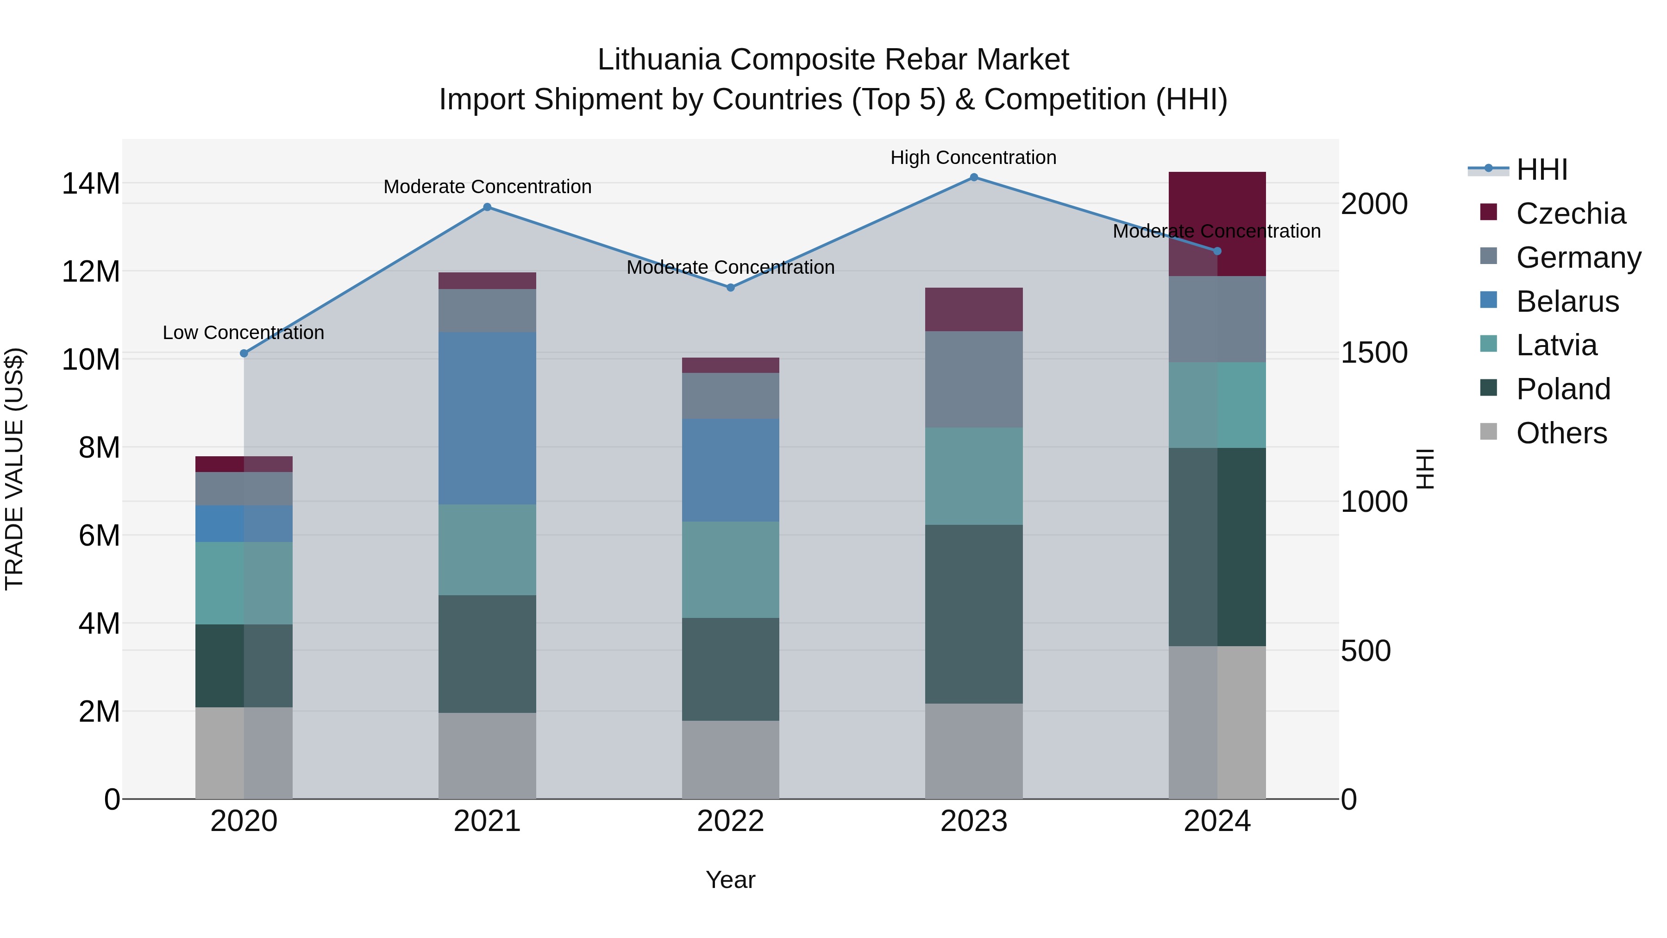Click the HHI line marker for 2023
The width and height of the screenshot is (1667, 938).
pyautogui.click(x=974, y=177)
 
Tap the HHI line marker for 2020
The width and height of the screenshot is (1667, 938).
pyautogui.click(x=244, y=353)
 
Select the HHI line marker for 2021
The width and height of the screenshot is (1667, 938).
pyautogui.click(x=487, y=207)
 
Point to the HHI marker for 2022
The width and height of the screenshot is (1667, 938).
pyautogui.click(x=731, y=287)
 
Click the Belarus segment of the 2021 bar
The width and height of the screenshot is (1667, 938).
pyautogui.click(x=487, y=418)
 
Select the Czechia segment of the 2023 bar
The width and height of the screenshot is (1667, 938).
pyautogui.click(x=974, y=309)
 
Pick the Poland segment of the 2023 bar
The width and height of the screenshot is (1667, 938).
pyautogui.click(x=974, y=614)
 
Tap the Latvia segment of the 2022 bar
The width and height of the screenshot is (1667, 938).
pyautogui.click(x=731, y=570)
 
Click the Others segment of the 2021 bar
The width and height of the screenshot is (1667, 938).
pyautogui.click(x=487, y=755)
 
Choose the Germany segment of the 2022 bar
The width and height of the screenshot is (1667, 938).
pyautogui.click(x=731, y=396)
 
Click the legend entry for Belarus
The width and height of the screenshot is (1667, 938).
pyautogui.click(x=1567, y=302)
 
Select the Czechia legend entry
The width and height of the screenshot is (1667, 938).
pyautogui.click(x=1570, y=214)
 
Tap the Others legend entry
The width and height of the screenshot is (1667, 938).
pyautogui.click(x=1561, y=433)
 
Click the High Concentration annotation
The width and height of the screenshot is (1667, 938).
pyautogui.click(x=973, y=157)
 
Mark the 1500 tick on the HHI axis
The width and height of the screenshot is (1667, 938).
pyautogui.click(x=1374, y=353)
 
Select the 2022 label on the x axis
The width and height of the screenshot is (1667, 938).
pyautogui.click(x=731, y=821)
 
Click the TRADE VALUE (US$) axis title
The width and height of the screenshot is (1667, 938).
pyautogui.click(x=14, y=469)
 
